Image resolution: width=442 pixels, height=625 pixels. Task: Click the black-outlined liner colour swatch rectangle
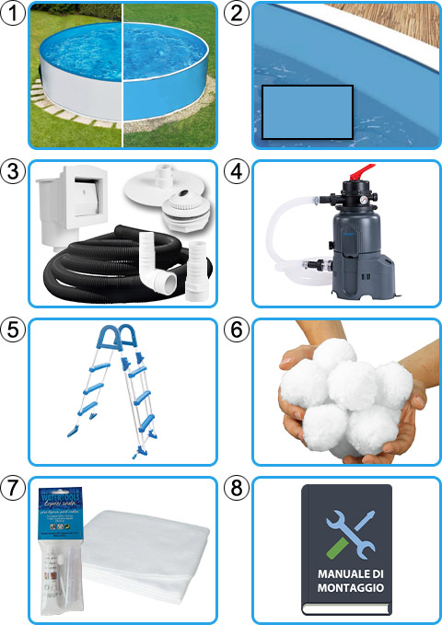point(307,112)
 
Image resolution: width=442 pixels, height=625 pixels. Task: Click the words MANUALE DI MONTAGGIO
point(346,581)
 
